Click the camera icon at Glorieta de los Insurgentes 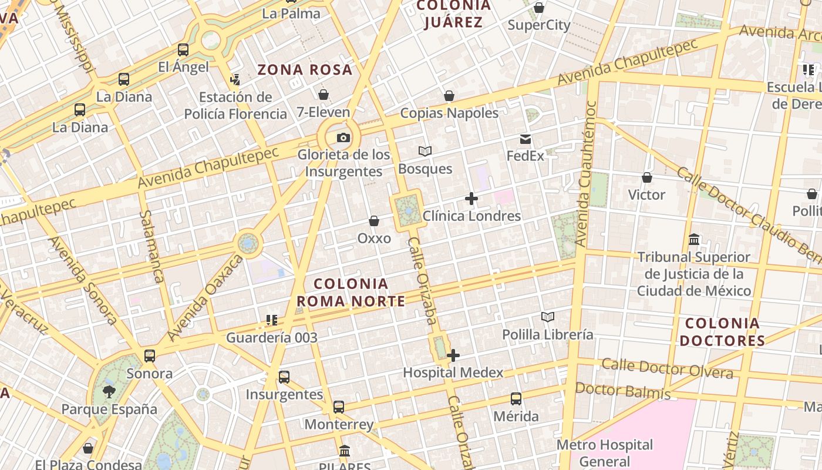(343, 138)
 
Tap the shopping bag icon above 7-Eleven (323, 95)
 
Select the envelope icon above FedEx (525, 139)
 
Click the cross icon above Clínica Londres (471, 199)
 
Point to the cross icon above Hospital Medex (453, 355)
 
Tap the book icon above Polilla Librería (548, 317)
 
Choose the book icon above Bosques (425, 152)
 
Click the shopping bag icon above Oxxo (374, 221)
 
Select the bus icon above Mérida (516, 399)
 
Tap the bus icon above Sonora (150, 356)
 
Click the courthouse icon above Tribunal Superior (694, 240)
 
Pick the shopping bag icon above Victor (647, 177)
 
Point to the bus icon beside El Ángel (183, 50)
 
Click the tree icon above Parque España (109, 392)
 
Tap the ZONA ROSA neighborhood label (305, 70)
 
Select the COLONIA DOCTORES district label (722, 332)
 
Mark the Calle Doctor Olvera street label (667, 369)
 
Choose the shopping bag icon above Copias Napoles (449, 96)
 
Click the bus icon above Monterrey (339, 407)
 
